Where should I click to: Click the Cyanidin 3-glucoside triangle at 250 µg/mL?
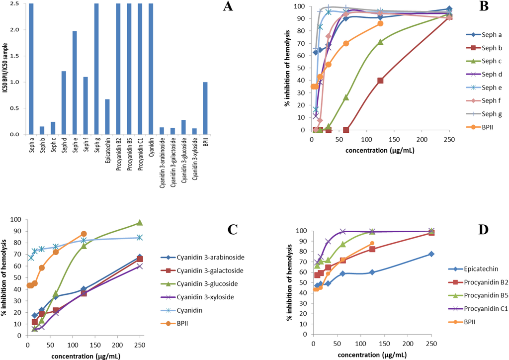140,223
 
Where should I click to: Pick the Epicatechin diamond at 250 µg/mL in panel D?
431,254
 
